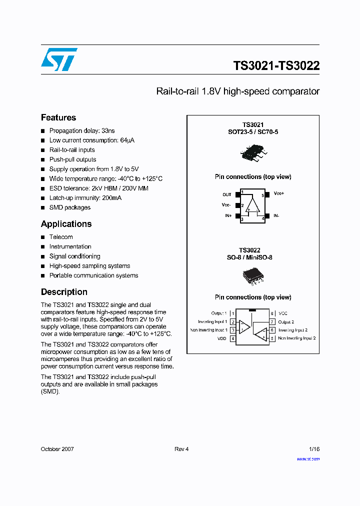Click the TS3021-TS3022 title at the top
[x=276, y=66]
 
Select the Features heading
[x=58, y=117]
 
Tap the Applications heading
[x=66, y=224]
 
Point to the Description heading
[x=64, y=292]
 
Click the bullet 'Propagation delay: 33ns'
[x=82, y=131]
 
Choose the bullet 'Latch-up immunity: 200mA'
[x=85, y=198]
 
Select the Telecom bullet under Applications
[x=61, y=237]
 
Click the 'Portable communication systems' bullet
[x=93, y=275]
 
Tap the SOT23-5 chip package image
[x=252, y=152]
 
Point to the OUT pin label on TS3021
[x=227, y=194]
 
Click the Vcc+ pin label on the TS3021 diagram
[x=278, y=193]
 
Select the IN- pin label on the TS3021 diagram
[x=276, y=215]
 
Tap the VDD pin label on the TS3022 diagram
[x=222, y=338]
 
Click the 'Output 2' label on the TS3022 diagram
[x=286, y=322]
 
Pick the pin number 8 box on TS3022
[x=272, y=313]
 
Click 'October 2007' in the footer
[x=57, y=449]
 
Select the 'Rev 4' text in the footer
[x=181, y=449]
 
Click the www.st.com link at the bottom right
[x=308, y=459]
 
